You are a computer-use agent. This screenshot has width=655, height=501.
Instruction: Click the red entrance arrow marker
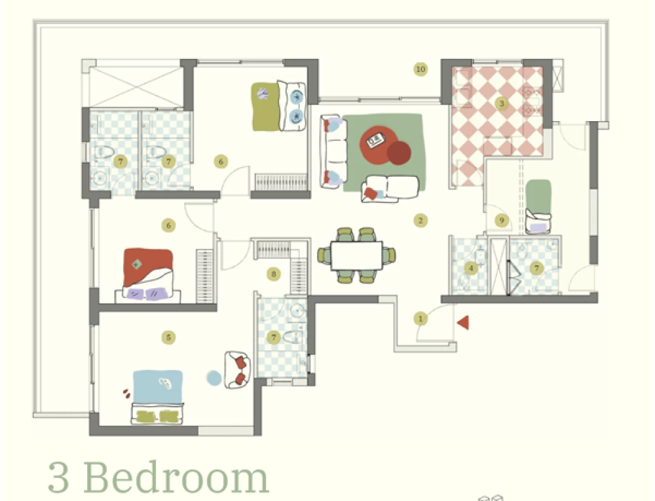[x=463, y=323]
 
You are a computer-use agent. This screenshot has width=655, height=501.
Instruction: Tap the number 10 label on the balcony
[x=421, y=69]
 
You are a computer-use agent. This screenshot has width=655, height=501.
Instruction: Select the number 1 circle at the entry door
[x=421, y=319]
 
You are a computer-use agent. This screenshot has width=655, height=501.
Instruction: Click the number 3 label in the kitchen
[x=502, y=103]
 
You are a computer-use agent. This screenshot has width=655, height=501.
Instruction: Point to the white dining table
[x=356, y=255]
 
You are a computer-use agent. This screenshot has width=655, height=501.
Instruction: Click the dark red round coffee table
[x=399, y=153]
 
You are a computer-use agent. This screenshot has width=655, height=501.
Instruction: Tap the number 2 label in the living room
[x=421, y=221]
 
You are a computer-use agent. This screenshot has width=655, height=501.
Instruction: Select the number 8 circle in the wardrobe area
[x=274, y=274]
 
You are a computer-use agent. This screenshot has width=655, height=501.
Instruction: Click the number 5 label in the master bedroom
[x=168, y=337]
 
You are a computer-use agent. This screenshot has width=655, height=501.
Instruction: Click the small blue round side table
[x=214, y=379]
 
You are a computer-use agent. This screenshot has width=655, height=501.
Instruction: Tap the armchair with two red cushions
[x=237, y=370]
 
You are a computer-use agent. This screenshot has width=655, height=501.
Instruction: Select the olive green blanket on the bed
[x=265, y=107]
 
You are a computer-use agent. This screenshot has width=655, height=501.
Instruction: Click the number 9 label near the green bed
[x=502, y=221]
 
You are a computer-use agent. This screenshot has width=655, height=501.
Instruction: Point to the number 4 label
[x=471, y=268]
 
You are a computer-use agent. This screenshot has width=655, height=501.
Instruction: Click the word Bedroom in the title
[x=176, y=477]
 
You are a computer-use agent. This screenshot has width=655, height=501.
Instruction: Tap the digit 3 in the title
[x=58, y=478]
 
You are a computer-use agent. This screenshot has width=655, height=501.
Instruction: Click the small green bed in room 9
[x=538, y=206]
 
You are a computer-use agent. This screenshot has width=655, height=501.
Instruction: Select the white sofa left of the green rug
[x=333, y=151]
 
